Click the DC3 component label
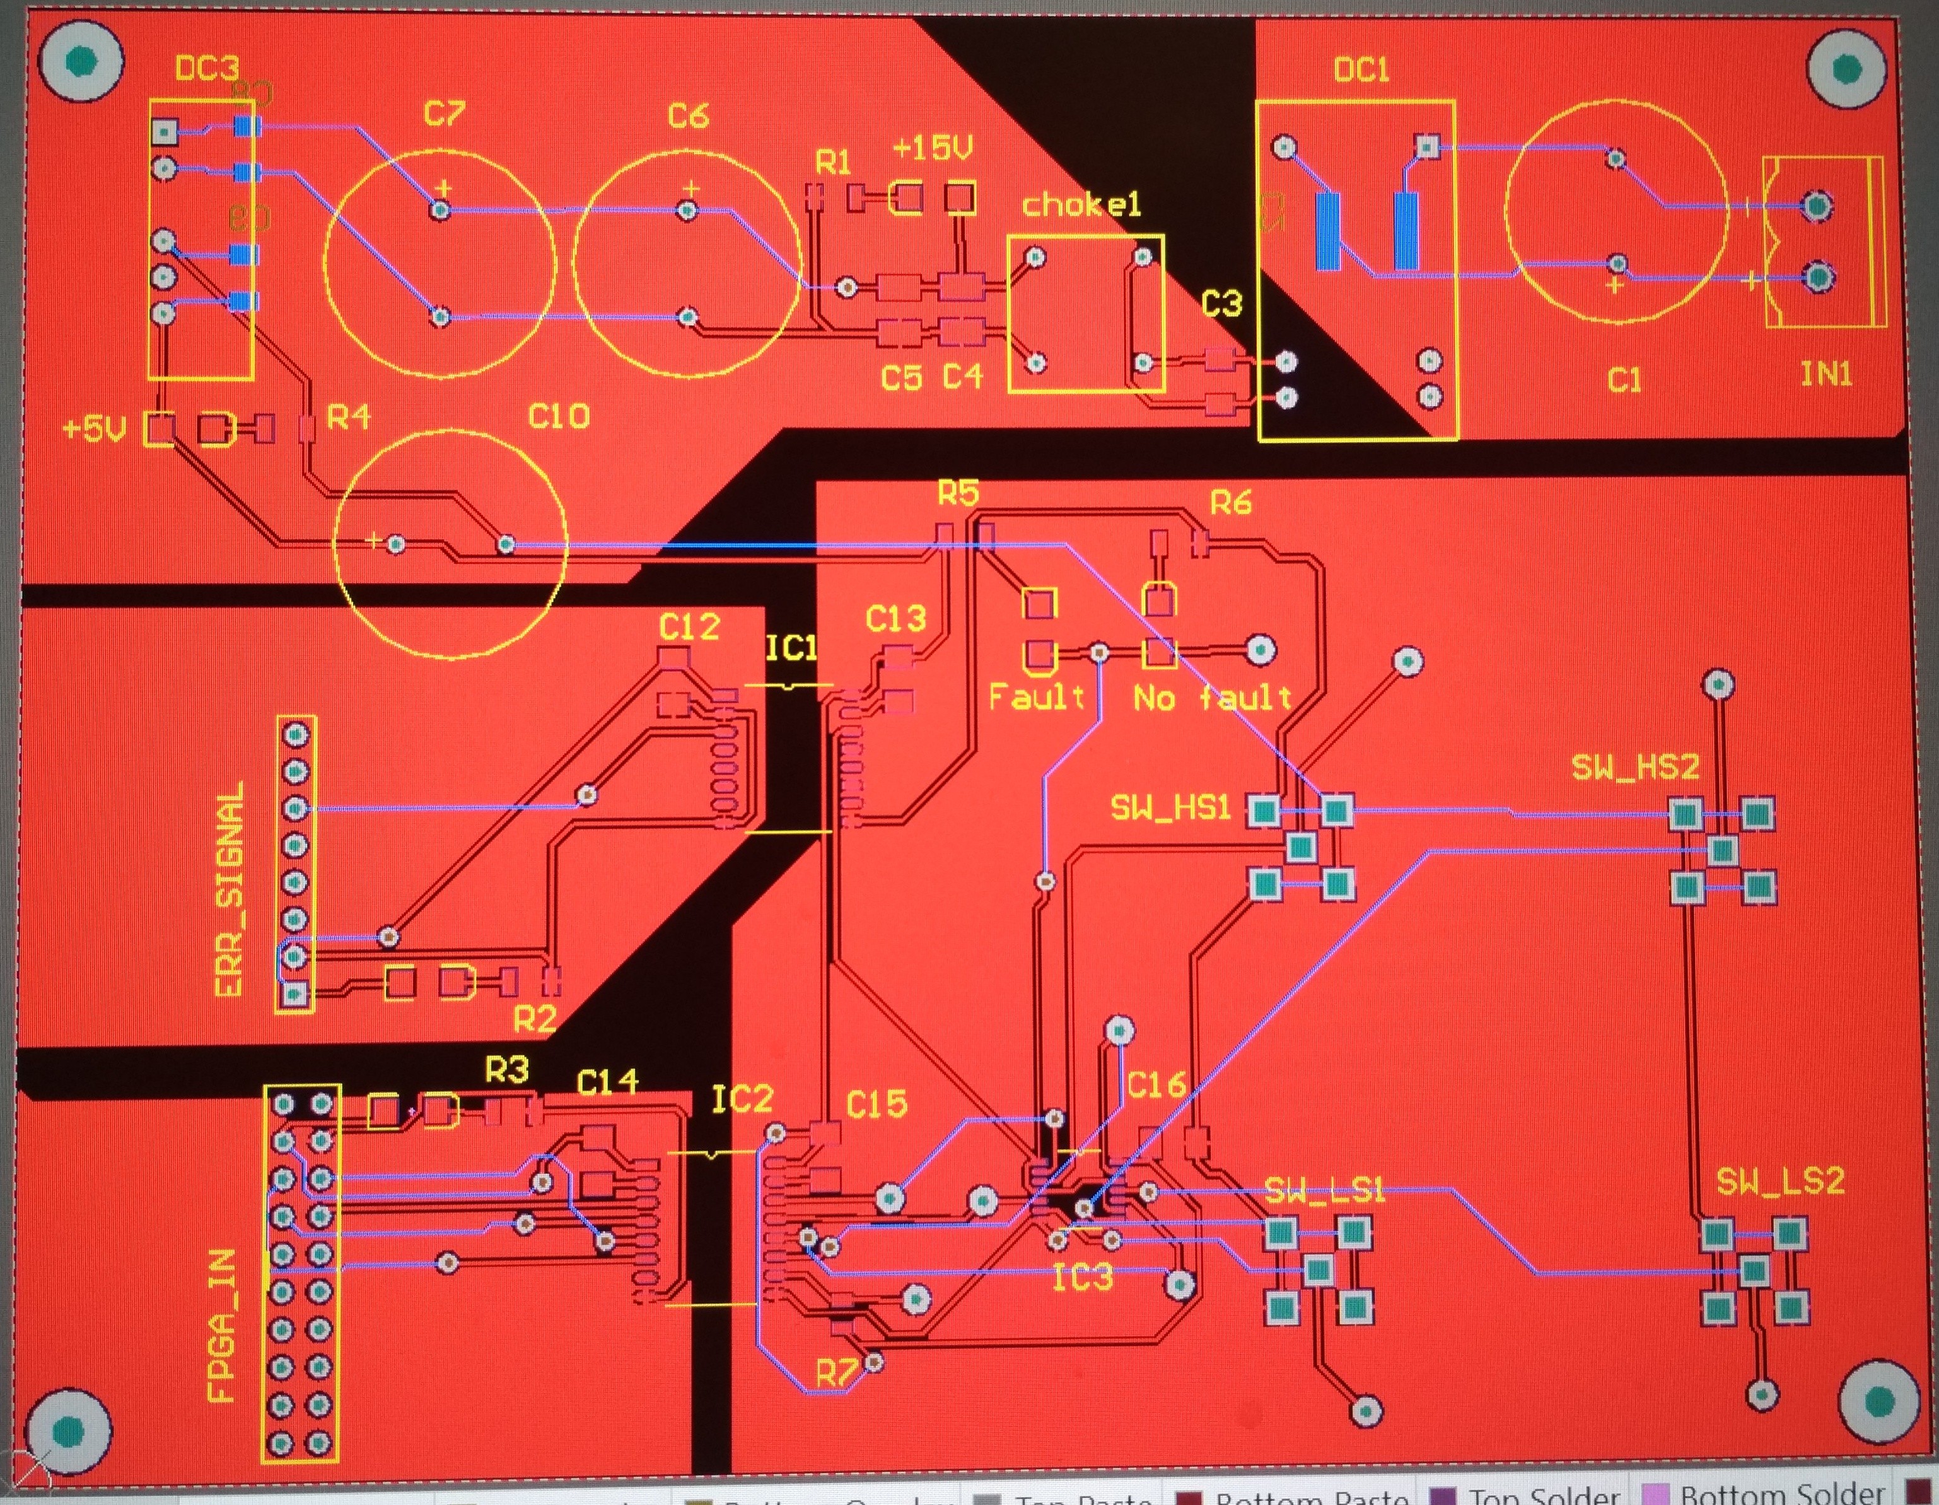206,69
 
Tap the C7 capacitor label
443,114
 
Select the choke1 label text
1080,205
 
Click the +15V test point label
932,148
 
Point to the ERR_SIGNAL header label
229,889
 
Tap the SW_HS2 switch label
1634,766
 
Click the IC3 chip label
1081,1279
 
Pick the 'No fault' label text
1212,698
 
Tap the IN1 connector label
1825,375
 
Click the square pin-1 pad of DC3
163,132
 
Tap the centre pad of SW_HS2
1721,851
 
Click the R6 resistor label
1230,503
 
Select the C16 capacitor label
1155,1084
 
